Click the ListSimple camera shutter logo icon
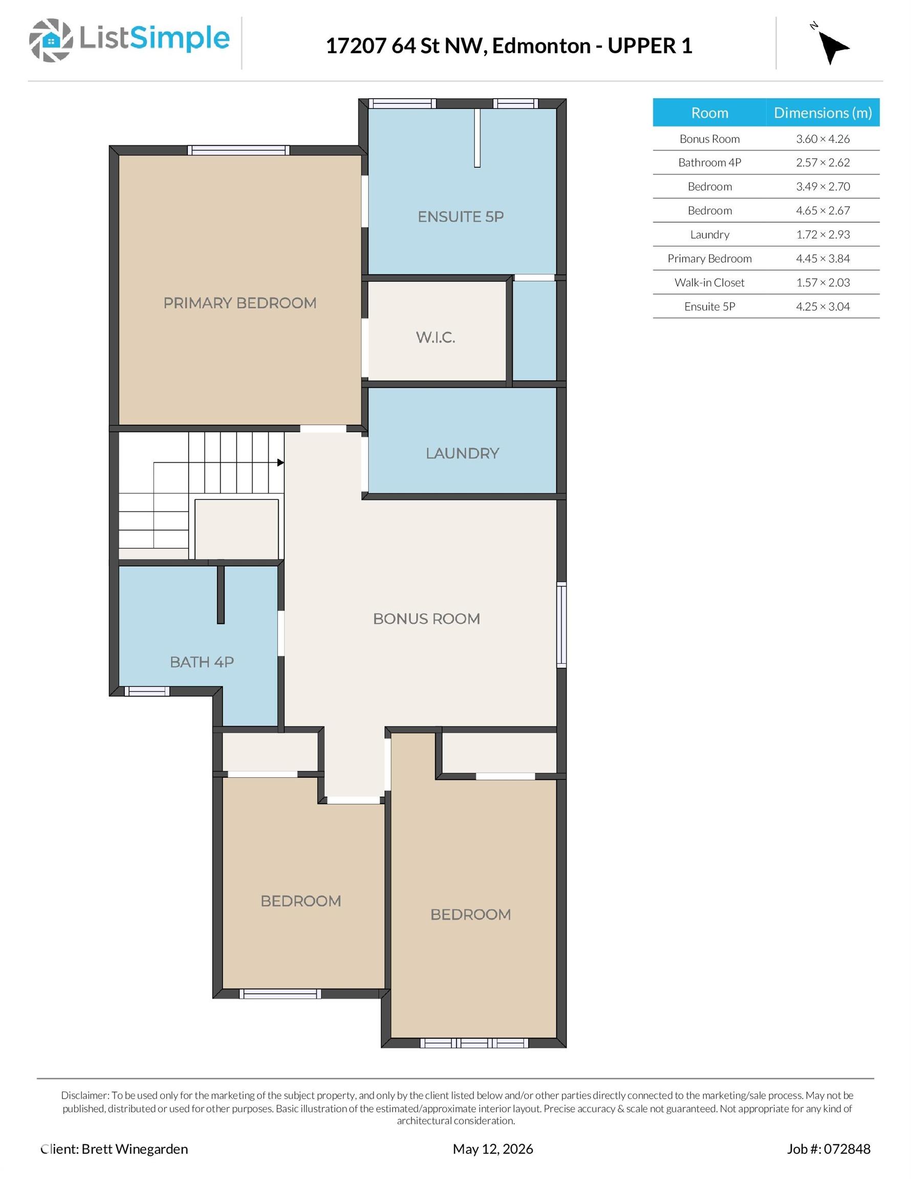51,40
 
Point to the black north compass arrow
833,47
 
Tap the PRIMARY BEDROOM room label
240,303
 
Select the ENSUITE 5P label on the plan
461,216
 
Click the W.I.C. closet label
436,337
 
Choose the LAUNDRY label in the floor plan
462,453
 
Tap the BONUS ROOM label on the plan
427,619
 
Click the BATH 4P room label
202,662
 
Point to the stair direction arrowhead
281,463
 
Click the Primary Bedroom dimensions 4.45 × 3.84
822,258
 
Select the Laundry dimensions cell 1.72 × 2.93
822,234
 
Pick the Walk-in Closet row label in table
709,282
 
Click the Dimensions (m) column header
822,112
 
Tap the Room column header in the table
709,112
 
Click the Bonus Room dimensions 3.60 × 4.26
822,139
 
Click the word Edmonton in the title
541,46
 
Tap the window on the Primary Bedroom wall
238,150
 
